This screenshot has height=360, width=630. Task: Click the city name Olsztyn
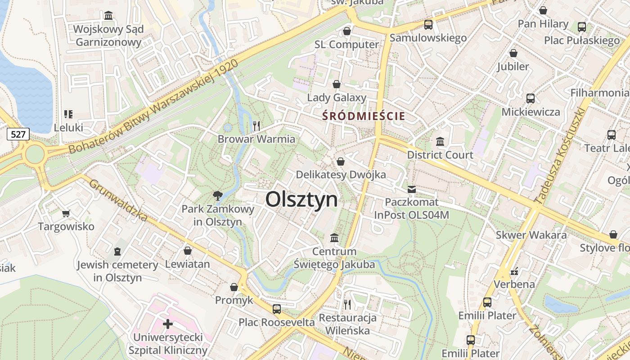coord(301,199)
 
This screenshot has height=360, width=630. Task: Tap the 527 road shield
coord(18,134)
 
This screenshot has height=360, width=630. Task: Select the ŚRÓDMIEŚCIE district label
coord(364,116)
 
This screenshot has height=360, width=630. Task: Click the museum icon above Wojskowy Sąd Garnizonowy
coord(108,16)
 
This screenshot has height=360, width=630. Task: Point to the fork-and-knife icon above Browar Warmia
coord(256,126)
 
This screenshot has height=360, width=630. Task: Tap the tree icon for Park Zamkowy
coord(218,195)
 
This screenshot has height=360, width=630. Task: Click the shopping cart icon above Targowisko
coord(66,213)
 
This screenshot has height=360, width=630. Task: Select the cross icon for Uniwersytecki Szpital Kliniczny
coord(168,324)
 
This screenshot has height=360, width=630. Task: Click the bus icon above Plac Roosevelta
coord(277,309)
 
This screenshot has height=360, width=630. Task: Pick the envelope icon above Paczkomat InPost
coord(412,189)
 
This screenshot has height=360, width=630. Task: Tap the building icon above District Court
coord(440,141)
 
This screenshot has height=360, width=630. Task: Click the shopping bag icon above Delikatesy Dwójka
coord(341,161)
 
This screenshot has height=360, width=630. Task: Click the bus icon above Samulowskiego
coord(428,25)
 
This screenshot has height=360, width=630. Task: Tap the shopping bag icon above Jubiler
coord(513,53)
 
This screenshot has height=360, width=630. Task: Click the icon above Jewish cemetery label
coord(117,251)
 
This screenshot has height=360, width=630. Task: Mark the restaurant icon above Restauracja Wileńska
coord(347,305)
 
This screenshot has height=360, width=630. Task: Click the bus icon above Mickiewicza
coord(531,99)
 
